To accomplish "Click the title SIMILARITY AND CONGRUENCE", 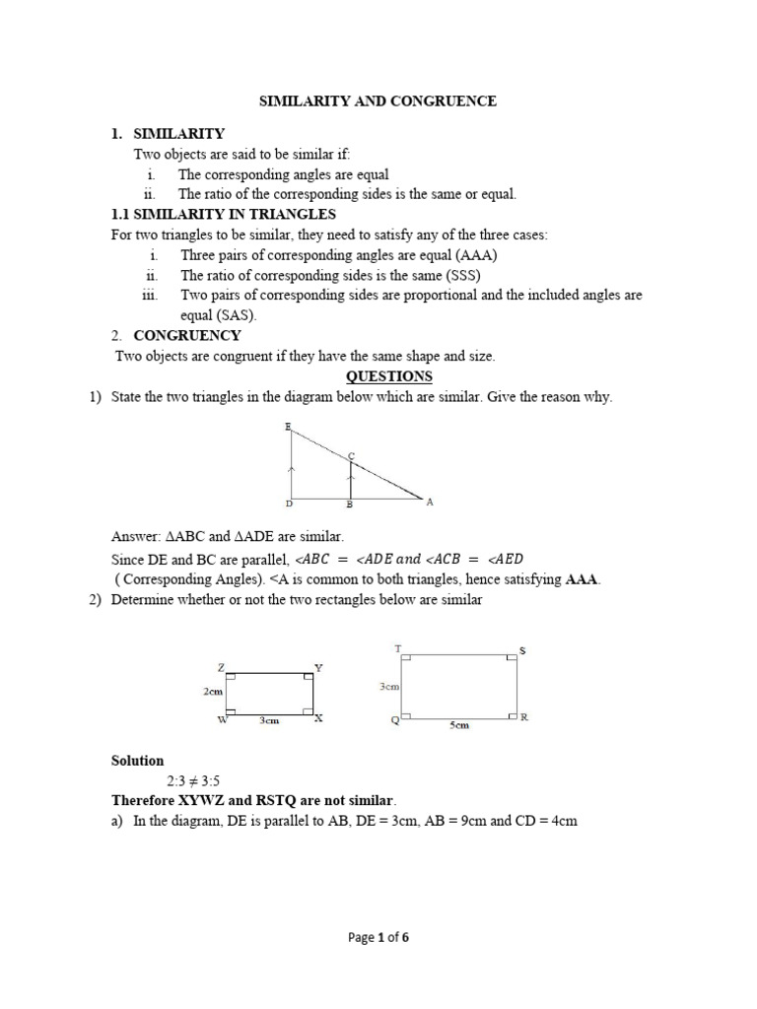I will pos(378,101).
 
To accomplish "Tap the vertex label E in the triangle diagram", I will pos(287,427).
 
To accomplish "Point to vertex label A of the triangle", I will pos(430,502).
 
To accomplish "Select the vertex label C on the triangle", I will pos(351,455).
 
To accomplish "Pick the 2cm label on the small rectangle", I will pos(213,692).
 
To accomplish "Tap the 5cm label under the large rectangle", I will pos(459,725).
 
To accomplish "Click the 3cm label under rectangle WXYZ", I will pos(269,721).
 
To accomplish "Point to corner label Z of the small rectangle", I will pos(223,667).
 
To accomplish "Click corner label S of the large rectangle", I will pos(522,650).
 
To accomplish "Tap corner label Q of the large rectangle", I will pos(394,720).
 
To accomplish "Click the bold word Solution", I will pos(137,761).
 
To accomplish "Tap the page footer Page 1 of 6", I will pos(378,938).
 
